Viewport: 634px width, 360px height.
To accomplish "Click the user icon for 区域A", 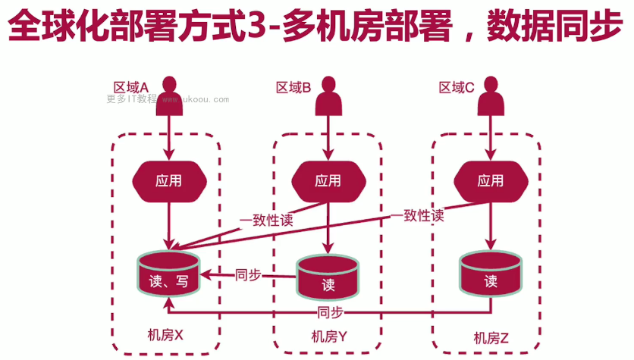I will click(x=170, y=95).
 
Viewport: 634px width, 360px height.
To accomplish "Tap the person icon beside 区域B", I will click(x=328, y=95).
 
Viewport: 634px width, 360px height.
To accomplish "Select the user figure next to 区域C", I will click(x=491, y=95).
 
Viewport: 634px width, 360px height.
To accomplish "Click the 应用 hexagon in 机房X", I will click(x=169, y=180).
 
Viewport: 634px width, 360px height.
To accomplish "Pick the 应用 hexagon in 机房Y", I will click(x=328, y=180).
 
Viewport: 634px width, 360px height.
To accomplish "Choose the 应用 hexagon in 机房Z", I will click(x=490, y=180).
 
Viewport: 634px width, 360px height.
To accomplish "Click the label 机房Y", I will click(x=328, y=337).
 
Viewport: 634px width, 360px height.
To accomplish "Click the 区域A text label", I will click(x=130, y=86).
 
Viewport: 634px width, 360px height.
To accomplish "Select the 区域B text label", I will click(x=293, y=87).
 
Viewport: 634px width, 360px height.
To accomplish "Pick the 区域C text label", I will click(x=457, y=87).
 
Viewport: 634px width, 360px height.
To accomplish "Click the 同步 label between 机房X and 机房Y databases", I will click(x=248, y=274).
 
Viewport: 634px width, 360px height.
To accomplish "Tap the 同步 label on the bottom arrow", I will click(x=331, y=312).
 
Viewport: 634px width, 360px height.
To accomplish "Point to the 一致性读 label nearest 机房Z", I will click(x=418, y=215).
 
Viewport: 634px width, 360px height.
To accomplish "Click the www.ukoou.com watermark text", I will click(x=194, y=99).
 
